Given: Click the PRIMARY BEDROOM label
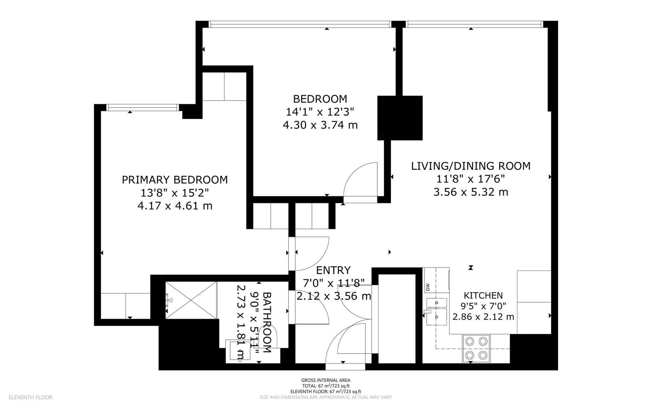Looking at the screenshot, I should click(175, 180).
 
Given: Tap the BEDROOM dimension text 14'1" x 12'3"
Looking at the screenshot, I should click(320, 112).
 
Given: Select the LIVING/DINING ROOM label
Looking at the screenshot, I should click(471, 166).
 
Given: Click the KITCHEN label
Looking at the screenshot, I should click(483, 295).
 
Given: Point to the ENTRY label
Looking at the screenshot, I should click(333, 270).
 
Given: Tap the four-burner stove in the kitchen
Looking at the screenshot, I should click(476, 348).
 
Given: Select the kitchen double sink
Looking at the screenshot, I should click(437, 309).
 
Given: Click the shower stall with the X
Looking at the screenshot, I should click(191, 300).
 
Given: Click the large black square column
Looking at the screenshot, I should click(400, 118).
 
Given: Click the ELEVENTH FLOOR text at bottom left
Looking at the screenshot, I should click(31, 397).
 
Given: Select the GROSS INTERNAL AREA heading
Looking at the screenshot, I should click(325, 380).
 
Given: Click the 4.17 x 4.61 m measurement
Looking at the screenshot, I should click(175, 206).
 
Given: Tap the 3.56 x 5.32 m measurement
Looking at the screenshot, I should click(471, 192).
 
